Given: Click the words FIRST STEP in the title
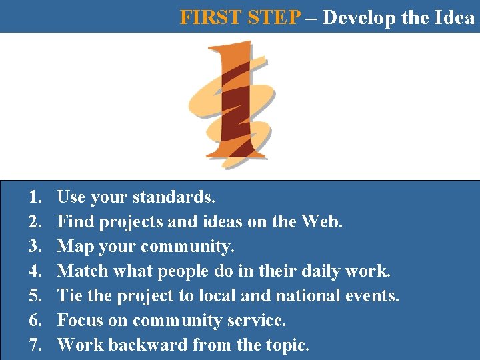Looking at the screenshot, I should [241, 17].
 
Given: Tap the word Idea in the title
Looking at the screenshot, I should [455, 17].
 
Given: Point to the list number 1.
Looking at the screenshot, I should [34, 197].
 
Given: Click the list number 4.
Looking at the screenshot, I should [34, 271].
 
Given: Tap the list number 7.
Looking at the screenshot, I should [34, 345].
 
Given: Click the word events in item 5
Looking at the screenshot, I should [375, 296].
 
